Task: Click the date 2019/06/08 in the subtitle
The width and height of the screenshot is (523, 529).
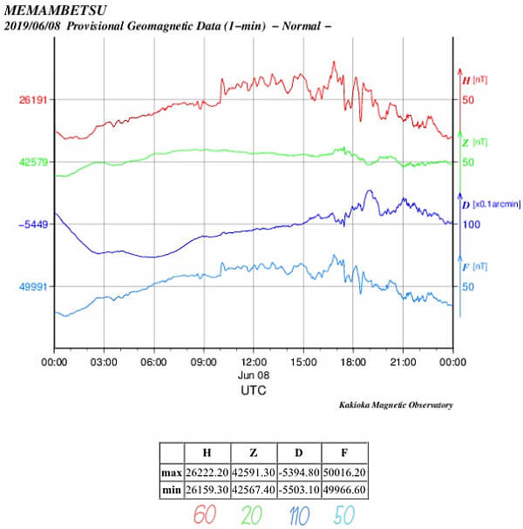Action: [x=34, y=26]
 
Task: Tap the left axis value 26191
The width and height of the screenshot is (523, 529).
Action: [x=33, y=100]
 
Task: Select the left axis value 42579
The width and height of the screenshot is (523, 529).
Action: [x=33, y=163]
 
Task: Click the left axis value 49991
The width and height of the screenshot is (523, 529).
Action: [x=33, y=286]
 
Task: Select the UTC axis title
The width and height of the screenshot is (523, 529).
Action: [x=254, y=391]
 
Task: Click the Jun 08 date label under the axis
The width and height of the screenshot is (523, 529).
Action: [x=254, y=375]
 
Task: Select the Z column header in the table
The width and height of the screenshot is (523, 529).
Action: [x=253, y=452]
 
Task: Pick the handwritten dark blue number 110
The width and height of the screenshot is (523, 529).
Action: [x=298, y=514]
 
